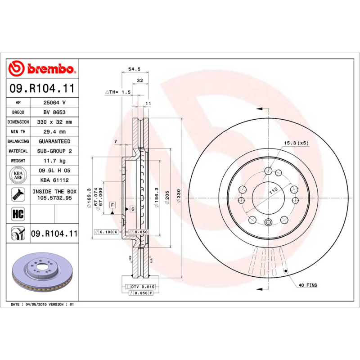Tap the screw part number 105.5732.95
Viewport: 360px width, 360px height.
[54, 198]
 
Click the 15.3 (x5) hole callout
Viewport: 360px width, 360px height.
[296, 143]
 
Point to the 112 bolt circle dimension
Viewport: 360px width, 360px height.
[272, 190]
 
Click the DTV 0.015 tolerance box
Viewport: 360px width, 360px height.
[143, 287]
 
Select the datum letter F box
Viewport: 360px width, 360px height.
[112, 205]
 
